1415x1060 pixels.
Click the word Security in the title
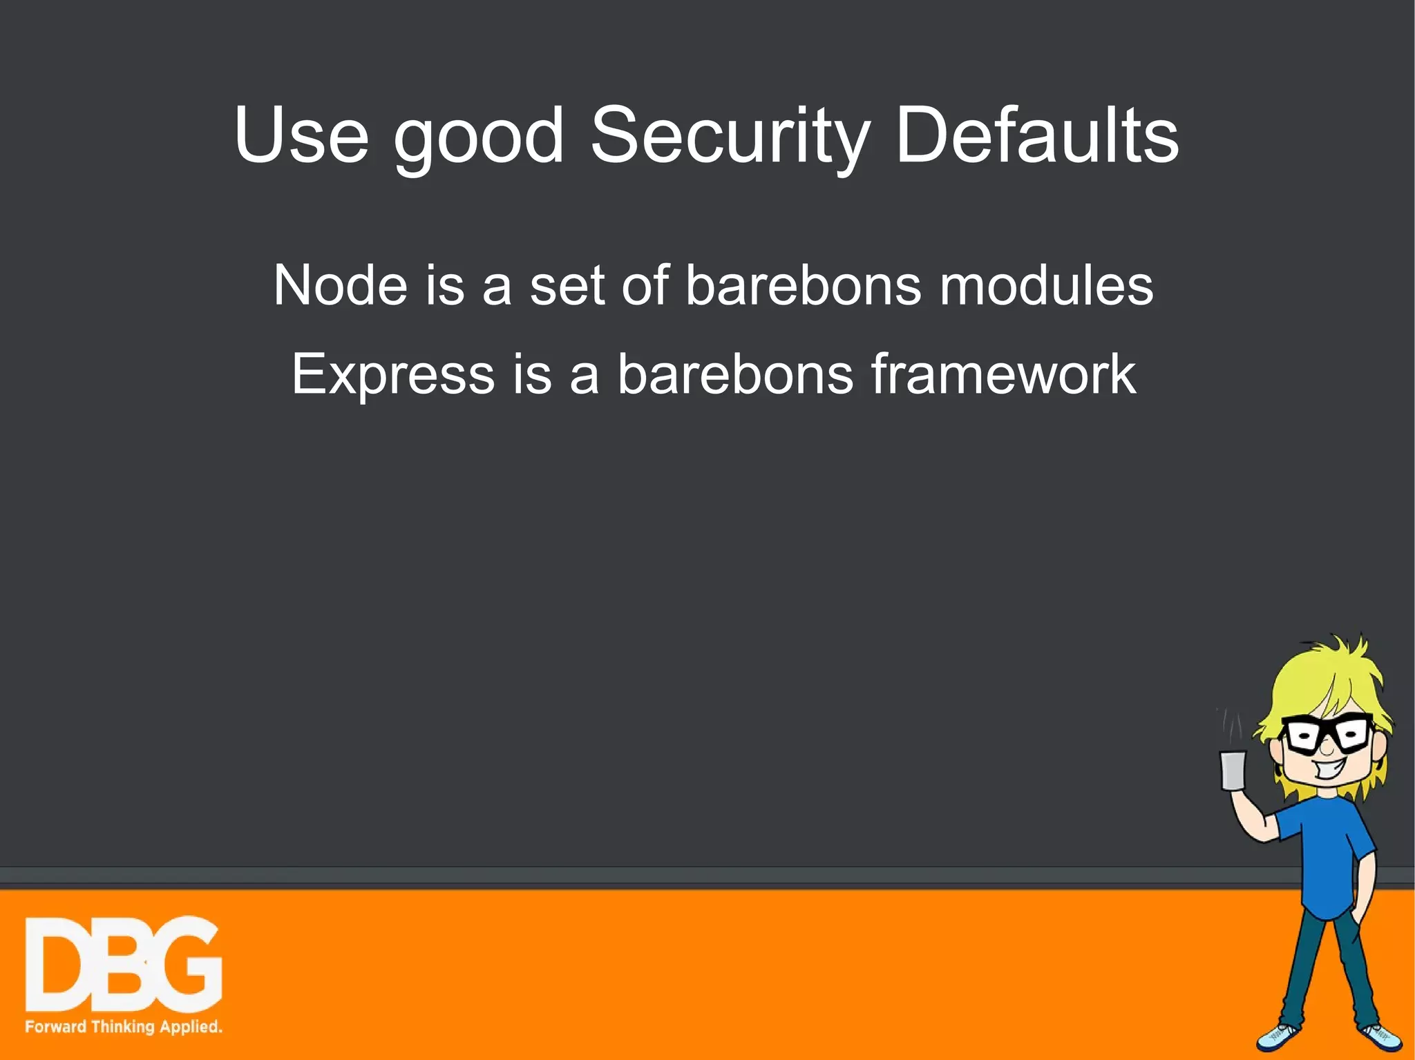click(x=729, y=136)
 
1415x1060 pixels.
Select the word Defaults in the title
click(x=1036, y=136)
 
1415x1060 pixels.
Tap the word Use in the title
click(x=301, y=136)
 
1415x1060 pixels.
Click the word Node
click(x=340, y=285)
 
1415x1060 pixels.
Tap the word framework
click(x=1003, y=374)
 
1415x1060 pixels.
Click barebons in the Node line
click(x=803, y=285)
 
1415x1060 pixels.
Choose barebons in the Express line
click(x=734, y=374)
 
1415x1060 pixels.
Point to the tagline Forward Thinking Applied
click(x=124, y=1026)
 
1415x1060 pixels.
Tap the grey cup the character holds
click(x=1233, y=770)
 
